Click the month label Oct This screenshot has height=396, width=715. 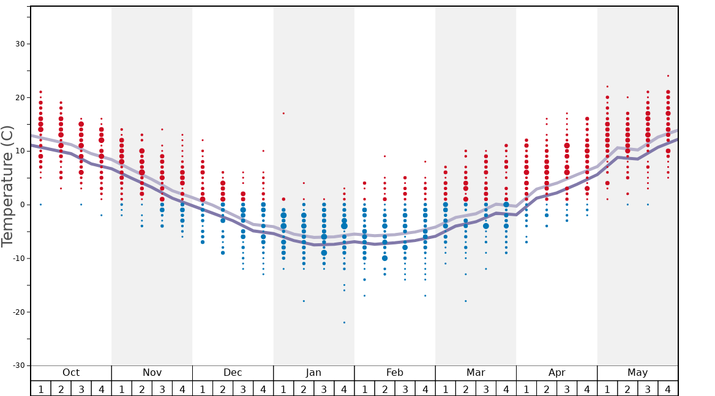tap(71, 373)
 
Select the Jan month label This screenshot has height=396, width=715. tap(313, 373)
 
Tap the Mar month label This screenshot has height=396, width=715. tap(476, 373)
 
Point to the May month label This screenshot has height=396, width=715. tap(637, 373)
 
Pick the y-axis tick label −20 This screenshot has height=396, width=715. tap(18, 312)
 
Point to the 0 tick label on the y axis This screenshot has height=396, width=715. tap(22, 205)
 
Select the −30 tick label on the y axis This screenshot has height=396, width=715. tap(18, 365)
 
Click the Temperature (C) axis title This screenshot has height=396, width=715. tap(7, 186)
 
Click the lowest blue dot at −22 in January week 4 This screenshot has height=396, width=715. tap(344, 322)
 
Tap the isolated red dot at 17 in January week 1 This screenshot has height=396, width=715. tap(283, 113)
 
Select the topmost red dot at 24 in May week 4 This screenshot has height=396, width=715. tap(668, 76)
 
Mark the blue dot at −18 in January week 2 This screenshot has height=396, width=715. tap(304, 301)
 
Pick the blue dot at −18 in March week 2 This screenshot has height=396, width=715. tap(465, 301)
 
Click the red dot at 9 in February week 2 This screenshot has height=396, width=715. tap(384, 156)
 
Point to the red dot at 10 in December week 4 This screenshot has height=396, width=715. tap(263, 151)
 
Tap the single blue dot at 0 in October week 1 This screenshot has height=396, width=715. tap(40, 205)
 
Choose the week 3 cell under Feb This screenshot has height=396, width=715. tap(405, 389)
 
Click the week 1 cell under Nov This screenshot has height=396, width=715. tap(121, 389)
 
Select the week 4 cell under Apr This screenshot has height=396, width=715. tap(587, 389)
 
